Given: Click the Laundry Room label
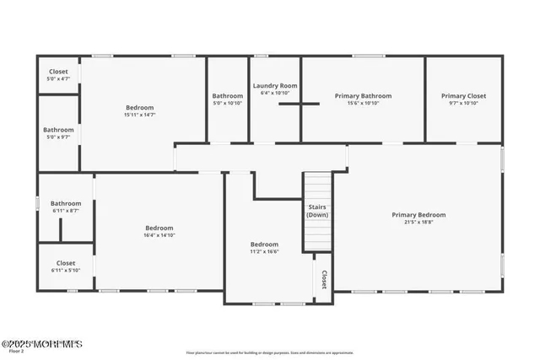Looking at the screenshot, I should pyautogui.click(x=275, y=85).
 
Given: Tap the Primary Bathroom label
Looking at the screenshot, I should pyautogui.click(x=363, y=96).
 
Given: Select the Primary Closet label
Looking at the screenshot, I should pyautogui.click(x=463, y=96).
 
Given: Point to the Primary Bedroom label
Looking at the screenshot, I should pyautogui.click(x=418, y=215).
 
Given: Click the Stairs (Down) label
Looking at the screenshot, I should pyautogui.click(x=317, y=211).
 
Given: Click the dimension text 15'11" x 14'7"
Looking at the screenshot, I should pyautogui.click(x=140, y=115).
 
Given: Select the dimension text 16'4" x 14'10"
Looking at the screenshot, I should pyautogui.click(x=159, y=235).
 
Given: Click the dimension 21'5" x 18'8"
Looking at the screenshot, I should pyautogui.click(x=418, y=223).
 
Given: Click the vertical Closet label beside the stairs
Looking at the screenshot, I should pyautogui.click(x=323, y=279).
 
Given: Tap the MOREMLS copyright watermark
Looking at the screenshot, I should pyautogui.click(x=41, y=343).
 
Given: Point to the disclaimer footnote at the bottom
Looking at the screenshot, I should pyautogui.click(x=269, y=353).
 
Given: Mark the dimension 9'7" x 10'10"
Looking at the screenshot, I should pyautogui.click(x=463, y=103).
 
